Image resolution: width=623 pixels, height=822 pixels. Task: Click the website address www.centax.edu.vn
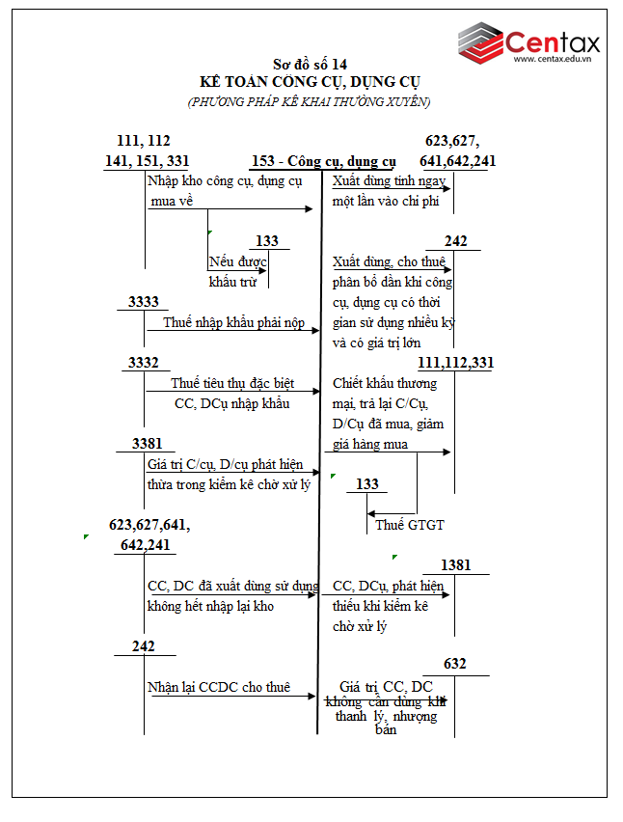pos(551,60)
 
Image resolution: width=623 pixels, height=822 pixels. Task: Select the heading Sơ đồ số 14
pos(309,65)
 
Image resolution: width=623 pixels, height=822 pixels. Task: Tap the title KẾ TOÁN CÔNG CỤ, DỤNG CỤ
pos(309,82)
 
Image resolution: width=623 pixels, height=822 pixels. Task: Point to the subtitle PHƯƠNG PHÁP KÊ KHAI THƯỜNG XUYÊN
pos(309,100)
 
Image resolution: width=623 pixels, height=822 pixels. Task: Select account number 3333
pos(144,302)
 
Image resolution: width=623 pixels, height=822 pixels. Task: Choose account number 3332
pos(144,362)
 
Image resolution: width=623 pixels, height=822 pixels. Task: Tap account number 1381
pos(455,564)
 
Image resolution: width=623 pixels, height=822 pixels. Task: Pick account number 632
pos(455,664)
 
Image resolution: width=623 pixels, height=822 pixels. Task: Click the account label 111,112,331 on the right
pos(456,362)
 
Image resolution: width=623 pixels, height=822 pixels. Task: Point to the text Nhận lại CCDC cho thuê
pos(218,687)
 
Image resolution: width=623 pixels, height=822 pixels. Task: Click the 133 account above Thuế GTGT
pos(367,483)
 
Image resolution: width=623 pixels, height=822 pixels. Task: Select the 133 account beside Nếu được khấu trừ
pos(267,241)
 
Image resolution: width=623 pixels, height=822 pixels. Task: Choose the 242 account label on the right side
pos(455,241)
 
